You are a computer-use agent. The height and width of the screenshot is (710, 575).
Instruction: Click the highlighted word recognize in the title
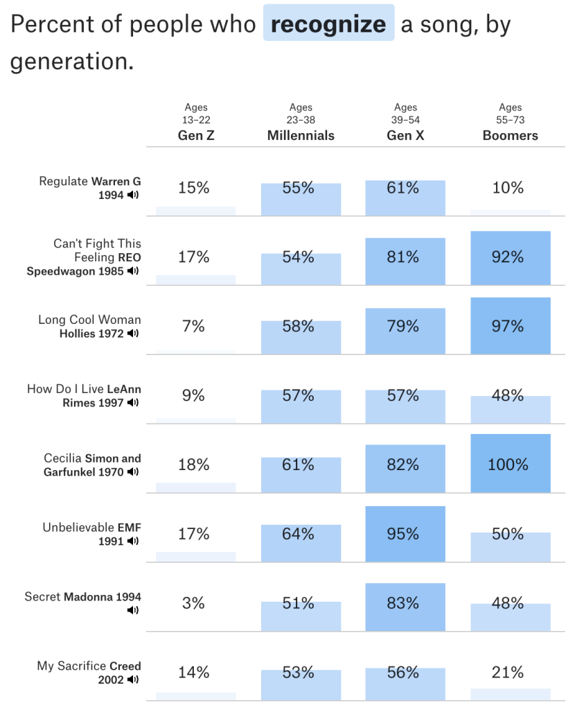(x=328, y=24)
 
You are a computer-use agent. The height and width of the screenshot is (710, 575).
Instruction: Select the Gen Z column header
(x=196, y=135)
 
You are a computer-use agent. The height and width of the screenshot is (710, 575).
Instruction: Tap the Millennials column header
(x=301, y=135)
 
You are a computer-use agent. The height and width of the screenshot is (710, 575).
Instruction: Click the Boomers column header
(x=510, y=135)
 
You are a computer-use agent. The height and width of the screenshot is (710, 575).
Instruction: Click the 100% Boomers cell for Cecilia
(x=510, y=465)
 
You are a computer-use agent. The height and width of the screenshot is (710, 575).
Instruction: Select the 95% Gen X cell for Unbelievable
(x=405, y=534)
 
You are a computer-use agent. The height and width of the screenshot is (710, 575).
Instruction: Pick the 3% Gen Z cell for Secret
(x=193, y=603)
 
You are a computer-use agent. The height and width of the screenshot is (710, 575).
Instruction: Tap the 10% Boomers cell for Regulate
(x=508, y=188)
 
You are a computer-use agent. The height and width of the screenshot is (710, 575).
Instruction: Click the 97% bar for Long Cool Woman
(x=510, y=326)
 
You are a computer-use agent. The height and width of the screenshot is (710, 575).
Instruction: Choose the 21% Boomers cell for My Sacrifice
(x=508, y=673)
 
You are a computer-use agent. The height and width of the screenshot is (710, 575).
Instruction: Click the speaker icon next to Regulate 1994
(x=133, y=195)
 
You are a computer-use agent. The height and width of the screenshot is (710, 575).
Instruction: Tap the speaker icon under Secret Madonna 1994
(x=133, y=610)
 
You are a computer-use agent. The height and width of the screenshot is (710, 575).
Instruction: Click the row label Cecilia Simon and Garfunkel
(x=91, y=465)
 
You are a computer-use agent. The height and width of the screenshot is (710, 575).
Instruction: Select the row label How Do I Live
(x=84, y=395)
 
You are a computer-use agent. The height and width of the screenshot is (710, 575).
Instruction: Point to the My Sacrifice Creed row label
(x=89, y=673)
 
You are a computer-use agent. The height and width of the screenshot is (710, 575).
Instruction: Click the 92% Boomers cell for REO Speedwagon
(x=510, y=257)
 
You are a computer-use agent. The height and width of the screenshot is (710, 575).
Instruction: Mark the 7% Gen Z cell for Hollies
(x=193, y=326)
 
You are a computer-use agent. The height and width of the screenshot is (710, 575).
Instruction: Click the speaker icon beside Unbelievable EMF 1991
(x=133, y=541)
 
